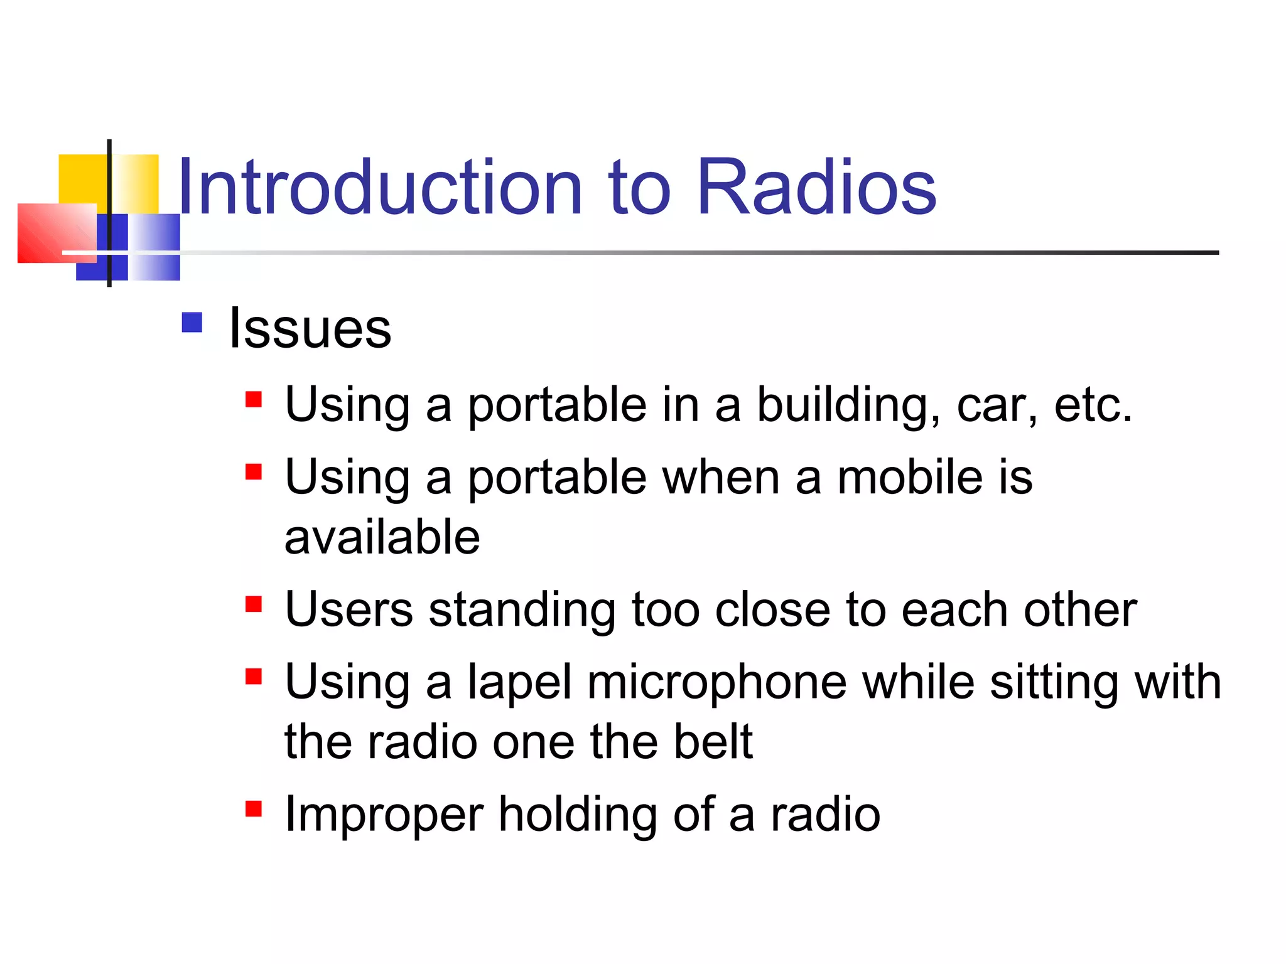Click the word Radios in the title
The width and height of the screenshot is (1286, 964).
point(816,187)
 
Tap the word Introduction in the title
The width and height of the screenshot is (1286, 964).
point(380,187)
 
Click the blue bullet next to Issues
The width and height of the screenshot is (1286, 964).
point(192,323)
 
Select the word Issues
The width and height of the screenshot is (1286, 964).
point(310,329)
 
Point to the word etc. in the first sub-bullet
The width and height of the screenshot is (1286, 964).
point(1093,405)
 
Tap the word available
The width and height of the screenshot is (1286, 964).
point(382,537)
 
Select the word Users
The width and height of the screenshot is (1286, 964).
point(349,609)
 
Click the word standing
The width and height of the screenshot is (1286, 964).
point(522,611)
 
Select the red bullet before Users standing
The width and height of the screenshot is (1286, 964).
point(254,604)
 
